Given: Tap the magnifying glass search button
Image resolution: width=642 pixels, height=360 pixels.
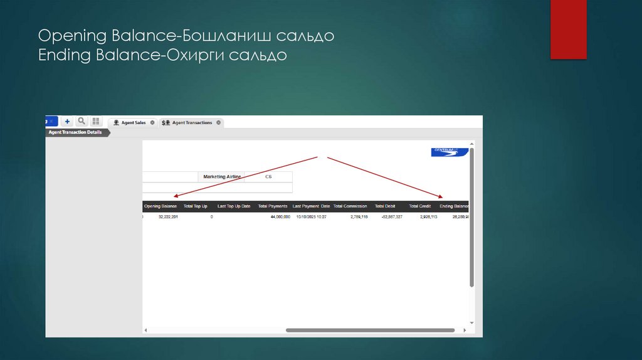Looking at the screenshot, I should pos(82,121).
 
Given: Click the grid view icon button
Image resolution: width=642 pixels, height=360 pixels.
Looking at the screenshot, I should pos(96,121).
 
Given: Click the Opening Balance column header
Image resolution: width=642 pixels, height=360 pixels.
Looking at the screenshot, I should pos(160,206).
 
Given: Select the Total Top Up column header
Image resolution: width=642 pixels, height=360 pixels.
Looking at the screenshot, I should pos(196,206).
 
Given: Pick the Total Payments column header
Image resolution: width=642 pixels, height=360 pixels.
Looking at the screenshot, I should pos(273,206).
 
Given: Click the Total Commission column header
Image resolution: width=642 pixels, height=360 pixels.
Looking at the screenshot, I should pos(350,206).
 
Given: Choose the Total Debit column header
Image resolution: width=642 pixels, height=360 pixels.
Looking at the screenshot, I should pos(385,206).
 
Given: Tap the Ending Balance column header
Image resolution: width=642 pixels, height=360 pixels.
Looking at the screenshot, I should pos(454,206).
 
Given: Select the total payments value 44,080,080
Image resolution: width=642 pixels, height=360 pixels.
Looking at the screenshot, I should pos(280,216).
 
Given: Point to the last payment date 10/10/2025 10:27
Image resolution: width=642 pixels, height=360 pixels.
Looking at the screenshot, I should pos(311,216).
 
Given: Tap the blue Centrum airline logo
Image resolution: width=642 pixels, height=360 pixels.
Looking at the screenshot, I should pos(448,151).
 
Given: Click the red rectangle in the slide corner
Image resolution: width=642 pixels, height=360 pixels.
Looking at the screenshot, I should pos(568,29).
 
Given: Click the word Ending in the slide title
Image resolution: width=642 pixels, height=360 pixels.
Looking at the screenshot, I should pos(65,56).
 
